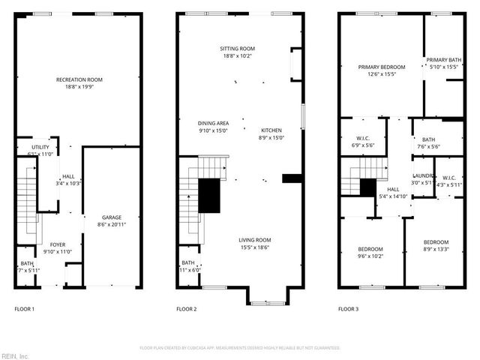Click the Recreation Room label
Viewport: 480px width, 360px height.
pos(79,79)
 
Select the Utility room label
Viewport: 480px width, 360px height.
pos(40,147)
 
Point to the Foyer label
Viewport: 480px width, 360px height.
pos(58,244)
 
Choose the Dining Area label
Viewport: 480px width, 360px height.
pos(213,123)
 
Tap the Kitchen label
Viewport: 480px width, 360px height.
pos(271,130)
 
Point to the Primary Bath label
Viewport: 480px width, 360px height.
pos(442,60)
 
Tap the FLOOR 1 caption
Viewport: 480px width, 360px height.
pos(25,309)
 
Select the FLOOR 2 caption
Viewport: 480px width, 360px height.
pos(187,309)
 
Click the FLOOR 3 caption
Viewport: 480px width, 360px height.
pos(348,309)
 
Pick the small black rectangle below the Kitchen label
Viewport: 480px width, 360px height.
pos(291,178)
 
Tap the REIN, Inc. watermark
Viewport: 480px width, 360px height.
pos(16,355)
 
